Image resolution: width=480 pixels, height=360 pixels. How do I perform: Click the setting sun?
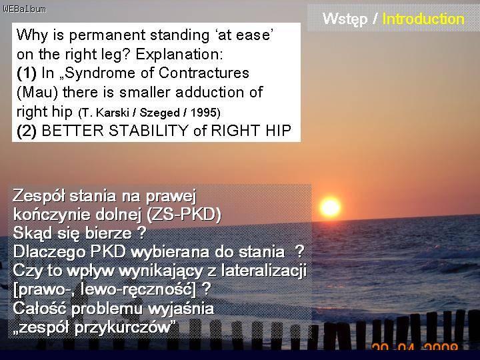pyautogui.click(x=330, y=207)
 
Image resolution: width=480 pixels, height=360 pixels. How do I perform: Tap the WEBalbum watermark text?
pyautogui.click(x=25, y=9)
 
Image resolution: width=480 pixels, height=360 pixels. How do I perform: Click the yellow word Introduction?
pyautogui.click(x=423, y=19)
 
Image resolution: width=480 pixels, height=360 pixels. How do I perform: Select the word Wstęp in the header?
pyautogui.click(x=345, y=19)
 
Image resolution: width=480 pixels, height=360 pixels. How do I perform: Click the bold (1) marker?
pyautogui.click(x=27, y=73)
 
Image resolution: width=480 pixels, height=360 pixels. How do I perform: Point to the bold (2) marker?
pyautogui.click(x=27, y=131)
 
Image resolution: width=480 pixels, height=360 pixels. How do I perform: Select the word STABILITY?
pyautogui.click(x=148, y=131)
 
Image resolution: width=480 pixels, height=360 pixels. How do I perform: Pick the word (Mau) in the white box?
pyautogui.click(x=37, y=93)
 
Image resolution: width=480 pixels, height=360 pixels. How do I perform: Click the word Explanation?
pyautogui.click(x=179, y=55)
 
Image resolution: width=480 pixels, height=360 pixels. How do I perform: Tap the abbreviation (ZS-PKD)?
pyautogui.click(x=184, y=215)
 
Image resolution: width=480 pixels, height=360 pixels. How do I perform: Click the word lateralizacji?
pyautogui.click(x=263, y=271)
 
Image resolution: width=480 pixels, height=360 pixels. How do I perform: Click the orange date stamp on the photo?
pyautogui.click(x=415, y=347)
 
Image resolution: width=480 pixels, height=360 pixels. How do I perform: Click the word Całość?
pyautogui.click(x=39, y=308)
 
